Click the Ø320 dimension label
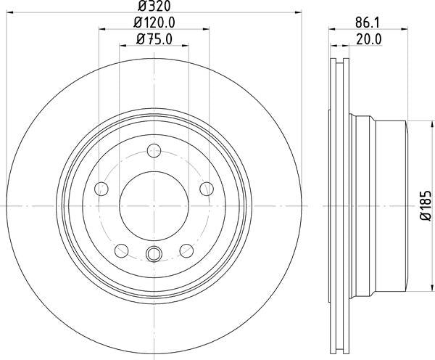tap(154, 6)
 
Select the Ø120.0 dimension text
tap(154, 22)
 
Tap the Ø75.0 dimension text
tap(154, 39)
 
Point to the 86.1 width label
tap(368, 22)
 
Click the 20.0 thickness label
tap(369, 39)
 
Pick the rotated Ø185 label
tap(426, 206)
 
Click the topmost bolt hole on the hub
tap(154, 151)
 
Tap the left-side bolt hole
tap(101, 189)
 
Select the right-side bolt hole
tap(207, 189)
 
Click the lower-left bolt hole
tap(122, 251)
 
